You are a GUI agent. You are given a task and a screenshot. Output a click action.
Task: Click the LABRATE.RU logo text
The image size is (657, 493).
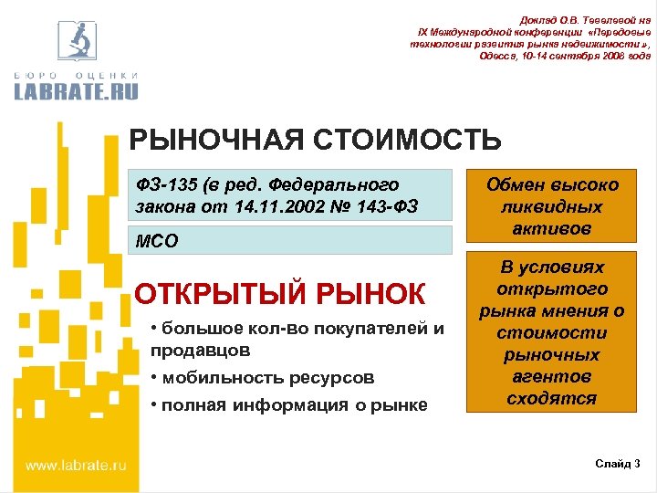(x=77, y=89)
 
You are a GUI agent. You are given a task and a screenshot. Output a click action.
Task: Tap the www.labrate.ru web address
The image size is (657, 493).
(x=76, y=465)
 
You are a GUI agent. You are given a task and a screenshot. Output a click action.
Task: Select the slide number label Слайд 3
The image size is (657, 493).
(x=618, y=465)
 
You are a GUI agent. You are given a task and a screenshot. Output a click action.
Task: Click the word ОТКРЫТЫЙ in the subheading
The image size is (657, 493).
(x=221, y=294)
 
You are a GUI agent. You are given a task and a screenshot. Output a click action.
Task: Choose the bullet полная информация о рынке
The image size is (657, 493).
(x=288, y=404)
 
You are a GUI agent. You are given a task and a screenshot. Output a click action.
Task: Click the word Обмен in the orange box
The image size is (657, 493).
(x=518, y=185)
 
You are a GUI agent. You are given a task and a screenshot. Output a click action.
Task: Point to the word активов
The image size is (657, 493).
(x=552, y=227)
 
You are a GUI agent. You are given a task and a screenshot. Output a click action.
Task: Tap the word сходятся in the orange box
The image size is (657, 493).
(x=552, y=398)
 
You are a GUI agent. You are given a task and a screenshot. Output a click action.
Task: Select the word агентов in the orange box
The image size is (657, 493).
(x=552, y=376)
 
